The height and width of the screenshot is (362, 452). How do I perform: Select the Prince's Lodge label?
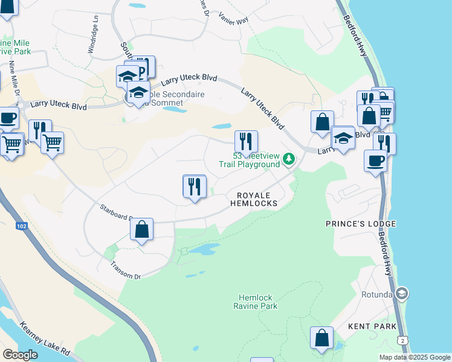[x=361, y=224]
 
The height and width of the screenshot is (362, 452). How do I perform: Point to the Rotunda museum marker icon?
[x=402, y=294]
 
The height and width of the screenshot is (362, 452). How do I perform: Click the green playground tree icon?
[x=289, y=159]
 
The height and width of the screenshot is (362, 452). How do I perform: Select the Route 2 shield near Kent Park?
[x=402, y=341]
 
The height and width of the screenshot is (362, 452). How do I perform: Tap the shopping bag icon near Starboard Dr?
[x=141, y=230]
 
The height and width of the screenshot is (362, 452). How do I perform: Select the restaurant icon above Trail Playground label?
[x=246, y=142]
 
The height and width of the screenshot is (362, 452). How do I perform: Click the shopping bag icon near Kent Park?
[x=321, y=338]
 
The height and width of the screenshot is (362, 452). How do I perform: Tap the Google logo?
[x=20, y=355]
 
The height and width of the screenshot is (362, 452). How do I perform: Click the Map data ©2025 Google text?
[x=415, y=357]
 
